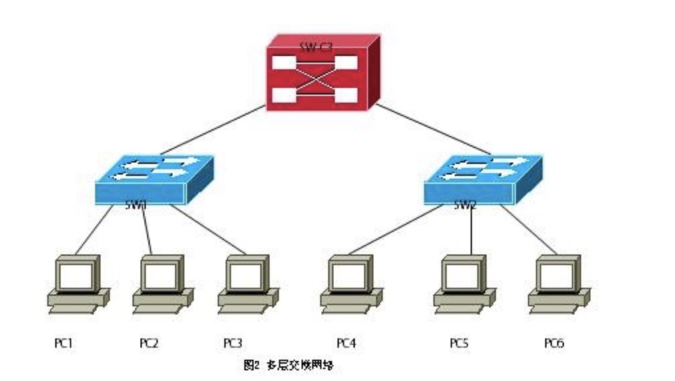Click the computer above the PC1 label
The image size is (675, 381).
pos(78,283)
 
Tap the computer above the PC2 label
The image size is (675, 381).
pos(162,283)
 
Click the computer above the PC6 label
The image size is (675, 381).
pos(559,283)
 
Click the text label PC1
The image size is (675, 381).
pos(63,343)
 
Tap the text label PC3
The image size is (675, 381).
pos(232,343)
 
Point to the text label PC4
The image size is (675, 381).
pos(345,343)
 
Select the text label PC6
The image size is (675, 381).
pos(554,343)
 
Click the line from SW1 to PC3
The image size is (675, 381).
pos(208,230)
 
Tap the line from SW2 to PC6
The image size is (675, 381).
pos(529,230)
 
